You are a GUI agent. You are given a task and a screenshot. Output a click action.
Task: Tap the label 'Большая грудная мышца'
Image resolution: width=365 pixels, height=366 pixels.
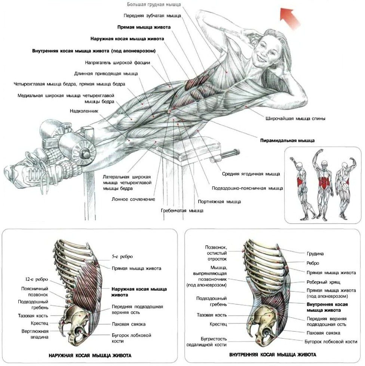tap(154, 4)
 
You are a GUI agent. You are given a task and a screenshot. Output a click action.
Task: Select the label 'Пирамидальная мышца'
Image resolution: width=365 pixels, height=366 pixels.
tap(288, 140)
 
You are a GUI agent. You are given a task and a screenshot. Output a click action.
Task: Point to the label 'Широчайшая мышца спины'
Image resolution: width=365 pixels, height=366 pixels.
tap(295, 118)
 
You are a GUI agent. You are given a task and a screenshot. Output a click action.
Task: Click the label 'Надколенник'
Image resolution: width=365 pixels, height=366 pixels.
tap(84, 111)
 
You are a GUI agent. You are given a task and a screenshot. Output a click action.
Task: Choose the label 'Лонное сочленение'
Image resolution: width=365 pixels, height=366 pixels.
tap(133, 199)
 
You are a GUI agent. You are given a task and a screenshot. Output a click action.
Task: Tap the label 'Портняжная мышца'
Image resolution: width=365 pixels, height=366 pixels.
tap(219, 201)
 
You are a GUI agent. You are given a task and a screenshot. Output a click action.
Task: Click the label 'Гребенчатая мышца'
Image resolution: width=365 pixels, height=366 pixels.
tap(182, 211)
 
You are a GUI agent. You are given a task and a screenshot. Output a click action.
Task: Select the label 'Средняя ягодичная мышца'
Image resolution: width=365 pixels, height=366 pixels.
tap(251, 174)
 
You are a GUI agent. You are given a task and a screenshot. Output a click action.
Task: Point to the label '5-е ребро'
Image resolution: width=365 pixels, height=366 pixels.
tap(122, 257)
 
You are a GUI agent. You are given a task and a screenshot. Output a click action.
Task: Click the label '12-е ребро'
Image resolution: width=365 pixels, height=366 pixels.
tap(36, 279)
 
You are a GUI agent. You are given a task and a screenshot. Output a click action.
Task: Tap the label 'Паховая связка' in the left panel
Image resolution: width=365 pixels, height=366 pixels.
tap(129, 324)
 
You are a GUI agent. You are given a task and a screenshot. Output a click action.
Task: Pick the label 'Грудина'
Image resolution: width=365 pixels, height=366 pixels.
tap(315, 254)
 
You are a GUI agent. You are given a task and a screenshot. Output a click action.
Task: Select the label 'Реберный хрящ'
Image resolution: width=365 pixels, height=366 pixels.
tap(323, 282)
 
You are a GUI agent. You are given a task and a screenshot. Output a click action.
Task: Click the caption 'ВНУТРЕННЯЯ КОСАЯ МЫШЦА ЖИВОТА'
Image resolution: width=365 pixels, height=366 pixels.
tap(273, 355)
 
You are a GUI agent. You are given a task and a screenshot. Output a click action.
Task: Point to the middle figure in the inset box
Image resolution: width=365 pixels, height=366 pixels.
tap(323, 185)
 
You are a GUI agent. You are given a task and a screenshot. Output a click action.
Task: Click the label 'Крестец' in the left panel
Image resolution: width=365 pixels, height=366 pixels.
tap(40, 323)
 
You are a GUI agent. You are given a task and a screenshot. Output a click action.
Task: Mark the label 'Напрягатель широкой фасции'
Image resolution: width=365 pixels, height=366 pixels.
tap(117, 63)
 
